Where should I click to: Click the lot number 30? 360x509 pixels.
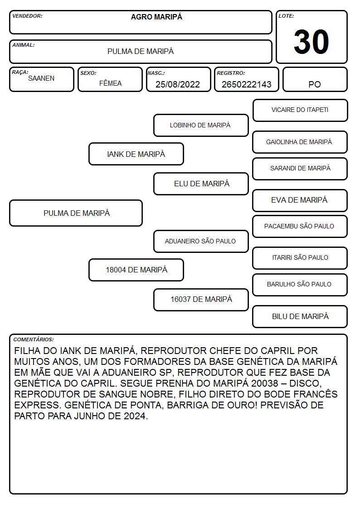[x=311, y=42]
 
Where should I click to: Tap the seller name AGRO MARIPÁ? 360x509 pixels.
[x=156, y=17]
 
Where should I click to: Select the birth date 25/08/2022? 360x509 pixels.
[x=178, y=84]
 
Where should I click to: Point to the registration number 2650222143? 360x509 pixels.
[x=246, y=84]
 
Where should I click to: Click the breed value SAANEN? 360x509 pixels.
[x=41, y=78]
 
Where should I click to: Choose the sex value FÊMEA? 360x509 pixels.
[x=110, y=83]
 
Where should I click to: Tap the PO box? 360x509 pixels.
[x=315, y=79]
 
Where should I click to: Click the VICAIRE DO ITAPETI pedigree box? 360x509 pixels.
[x=300, y=111]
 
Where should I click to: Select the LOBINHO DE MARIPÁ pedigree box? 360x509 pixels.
[x=201, y=125]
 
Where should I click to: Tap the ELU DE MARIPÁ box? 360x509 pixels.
[x=201, y=184]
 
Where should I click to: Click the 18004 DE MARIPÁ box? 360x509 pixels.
[x=136, y=270]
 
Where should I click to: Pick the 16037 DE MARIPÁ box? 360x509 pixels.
[x=201, y=300]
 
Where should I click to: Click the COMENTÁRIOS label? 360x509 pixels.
[x=34, y=339]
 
